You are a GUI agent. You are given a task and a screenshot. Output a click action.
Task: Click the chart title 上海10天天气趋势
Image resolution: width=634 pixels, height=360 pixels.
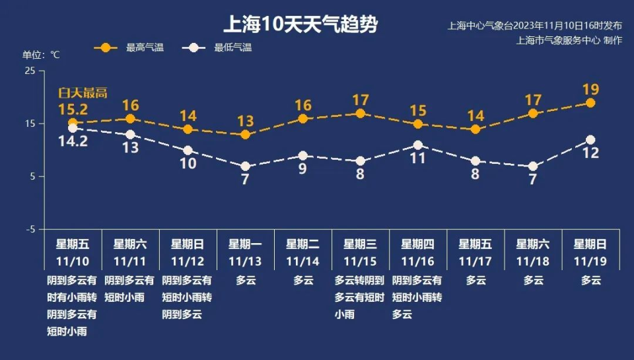click(301, 25)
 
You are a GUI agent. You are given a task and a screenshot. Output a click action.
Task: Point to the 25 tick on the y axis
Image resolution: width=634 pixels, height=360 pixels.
click(30, 71)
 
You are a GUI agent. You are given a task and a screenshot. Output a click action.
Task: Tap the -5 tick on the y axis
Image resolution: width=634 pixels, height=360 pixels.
click(30, 229)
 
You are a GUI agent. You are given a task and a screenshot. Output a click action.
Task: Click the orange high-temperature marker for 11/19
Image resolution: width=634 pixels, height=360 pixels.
click(590, 103)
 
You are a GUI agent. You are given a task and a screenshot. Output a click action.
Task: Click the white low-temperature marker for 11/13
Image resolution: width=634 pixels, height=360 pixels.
click(245, 166)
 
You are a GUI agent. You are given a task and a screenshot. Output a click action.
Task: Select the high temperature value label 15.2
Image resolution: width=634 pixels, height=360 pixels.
click(73, 108)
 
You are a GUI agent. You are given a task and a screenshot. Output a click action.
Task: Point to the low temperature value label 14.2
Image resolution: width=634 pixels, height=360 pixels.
click(73, 141)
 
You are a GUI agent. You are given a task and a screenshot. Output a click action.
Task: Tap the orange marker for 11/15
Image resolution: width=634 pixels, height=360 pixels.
click(360, 114)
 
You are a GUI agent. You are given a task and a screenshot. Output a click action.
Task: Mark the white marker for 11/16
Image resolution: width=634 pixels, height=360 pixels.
click(417, 145)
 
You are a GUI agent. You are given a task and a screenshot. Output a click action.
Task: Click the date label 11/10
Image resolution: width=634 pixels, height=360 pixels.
click(73, 261)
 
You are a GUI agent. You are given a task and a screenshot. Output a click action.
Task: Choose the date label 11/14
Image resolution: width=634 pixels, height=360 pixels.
click(302, 261)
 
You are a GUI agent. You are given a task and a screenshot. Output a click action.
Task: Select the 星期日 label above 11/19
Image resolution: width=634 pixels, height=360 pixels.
click(590, 244)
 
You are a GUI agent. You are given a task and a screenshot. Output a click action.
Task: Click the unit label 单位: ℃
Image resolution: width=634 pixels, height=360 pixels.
click(41, 55)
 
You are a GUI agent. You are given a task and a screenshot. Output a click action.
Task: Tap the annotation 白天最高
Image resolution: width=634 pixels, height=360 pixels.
click(83, 93)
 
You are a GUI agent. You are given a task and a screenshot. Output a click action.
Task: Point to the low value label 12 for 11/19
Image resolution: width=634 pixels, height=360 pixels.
click(590, 153)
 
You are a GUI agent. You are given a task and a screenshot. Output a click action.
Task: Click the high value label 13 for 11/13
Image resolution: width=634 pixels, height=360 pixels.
click(245, 121)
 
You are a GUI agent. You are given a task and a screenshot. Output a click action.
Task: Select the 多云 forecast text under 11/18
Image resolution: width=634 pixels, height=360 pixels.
click(533, 280)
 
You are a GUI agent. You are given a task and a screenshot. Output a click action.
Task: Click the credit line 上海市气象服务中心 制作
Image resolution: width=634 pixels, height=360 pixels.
click(569, 40)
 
